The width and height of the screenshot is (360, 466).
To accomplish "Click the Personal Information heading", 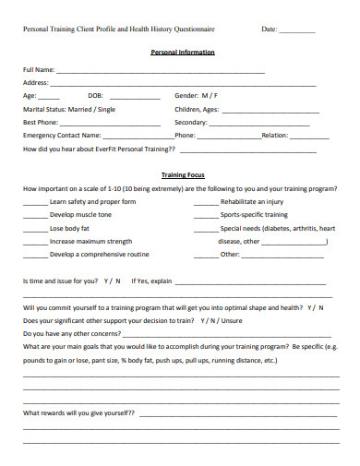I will coord(182,53).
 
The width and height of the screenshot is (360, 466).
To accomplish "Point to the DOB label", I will coord(95,95).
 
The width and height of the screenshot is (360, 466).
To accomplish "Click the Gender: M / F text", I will coord(196,95).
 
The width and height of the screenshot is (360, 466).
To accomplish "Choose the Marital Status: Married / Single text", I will coord(69,108).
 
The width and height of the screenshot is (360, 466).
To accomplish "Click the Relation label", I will coord(274,135).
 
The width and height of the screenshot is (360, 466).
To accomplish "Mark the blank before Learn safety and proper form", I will coord(35,201).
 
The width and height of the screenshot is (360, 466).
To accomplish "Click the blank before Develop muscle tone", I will coord(35,214).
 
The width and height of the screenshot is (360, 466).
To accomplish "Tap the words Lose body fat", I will coord(70,227).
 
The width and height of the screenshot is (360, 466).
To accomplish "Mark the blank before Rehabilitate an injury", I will coord(206,201).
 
